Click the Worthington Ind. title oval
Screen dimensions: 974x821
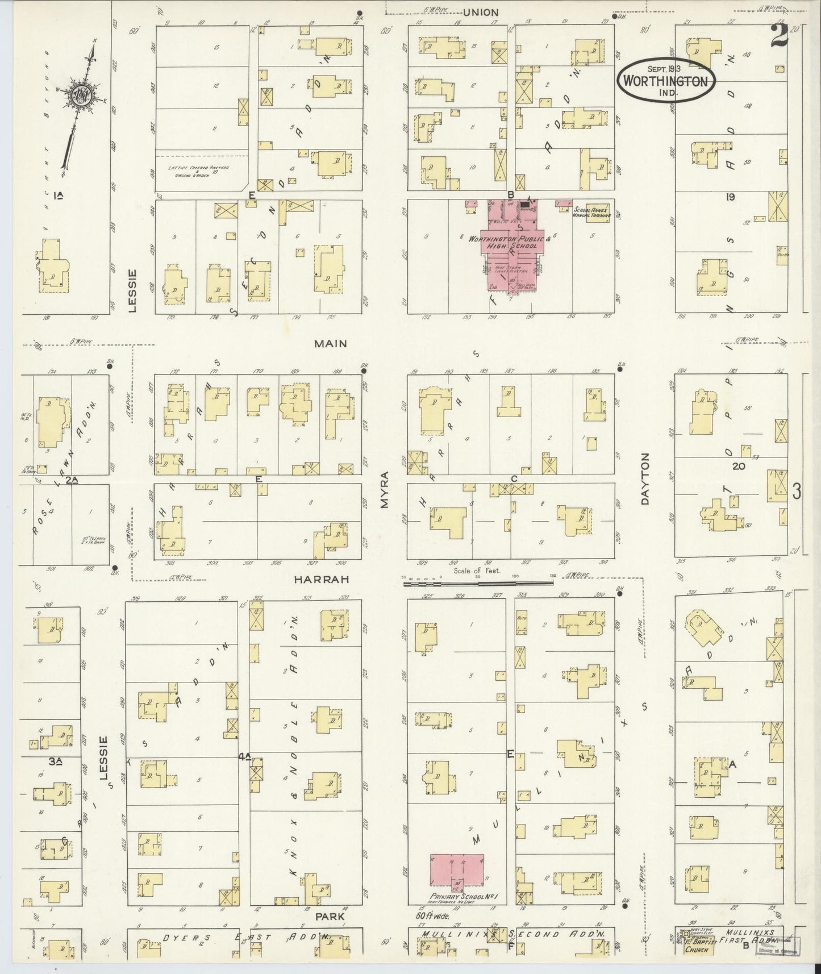click(x=665, y=80)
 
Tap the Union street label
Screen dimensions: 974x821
click(x=480, y=13)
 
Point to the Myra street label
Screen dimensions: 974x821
click(x=385, y=489)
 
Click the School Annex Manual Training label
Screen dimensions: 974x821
click(x=592, y=212)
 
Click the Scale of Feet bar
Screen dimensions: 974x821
click(x=477, y=582)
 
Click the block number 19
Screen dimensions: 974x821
click(x=730, y=197)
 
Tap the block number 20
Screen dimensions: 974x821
click(x=738, y=466)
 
